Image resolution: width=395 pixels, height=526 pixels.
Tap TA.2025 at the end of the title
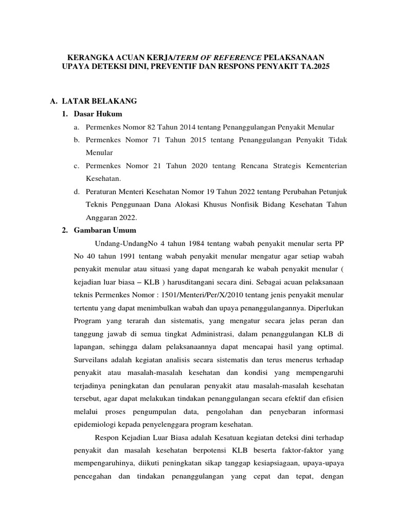click(x=312, y=67)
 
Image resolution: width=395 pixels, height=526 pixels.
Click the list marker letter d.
click(x=75, y=192)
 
